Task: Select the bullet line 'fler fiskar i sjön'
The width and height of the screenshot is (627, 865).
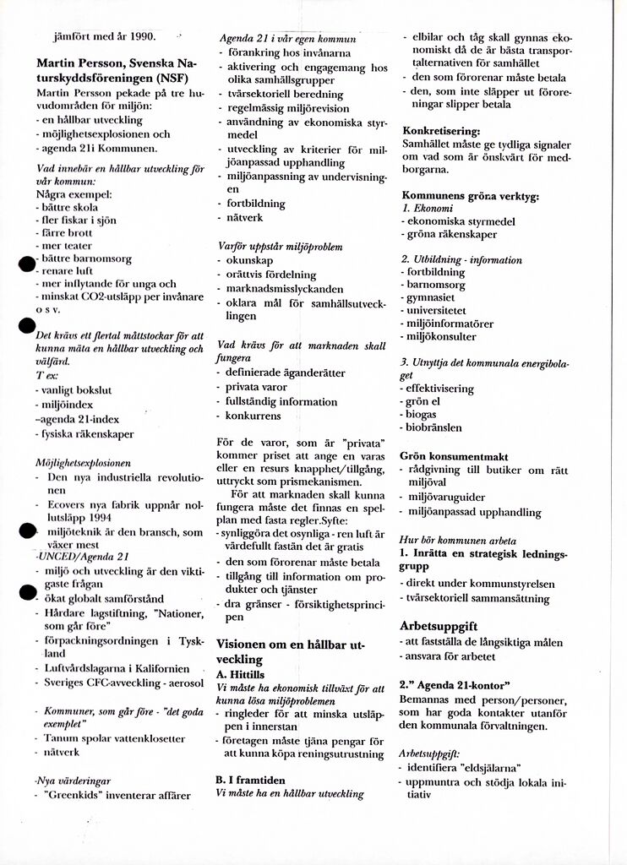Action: point(78,220)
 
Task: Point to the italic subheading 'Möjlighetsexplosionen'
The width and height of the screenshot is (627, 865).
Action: point(83,463)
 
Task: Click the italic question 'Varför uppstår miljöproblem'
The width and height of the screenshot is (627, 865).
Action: point(280,247)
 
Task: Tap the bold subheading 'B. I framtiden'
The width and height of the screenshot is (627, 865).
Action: point(252,780)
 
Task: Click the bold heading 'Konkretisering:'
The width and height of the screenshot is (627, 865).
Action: point(441,131)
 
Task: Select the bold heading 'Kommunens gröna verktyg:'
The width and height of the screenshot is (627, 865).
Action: point(470,195)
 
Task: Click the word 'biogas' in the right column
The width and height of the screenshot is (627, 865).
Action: point(422,415)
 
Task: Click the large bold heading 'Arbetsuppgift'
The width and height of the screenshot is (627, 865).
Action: point(439,627)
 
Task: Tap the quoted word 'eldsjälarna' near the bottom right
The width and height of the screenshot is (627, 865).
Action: point(488,768)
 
